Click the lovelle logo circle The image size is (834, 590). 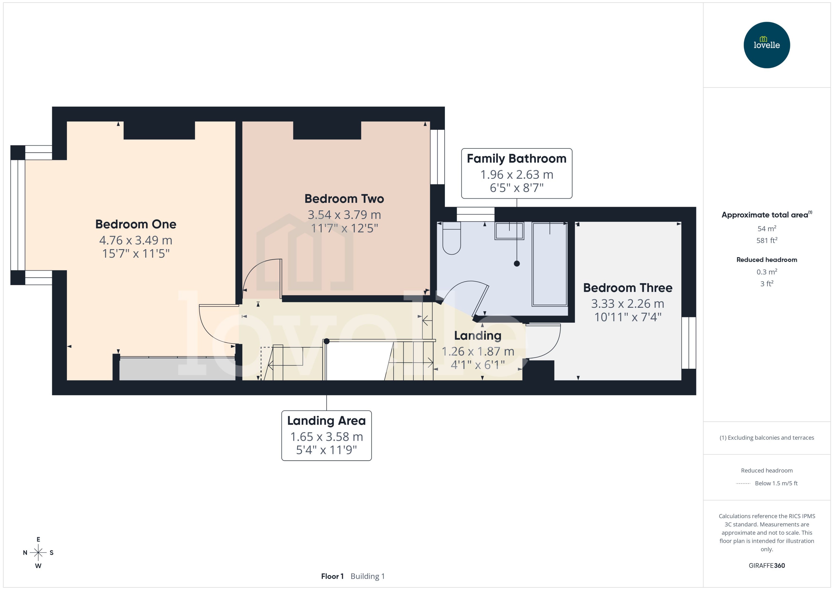(x=766, y=45)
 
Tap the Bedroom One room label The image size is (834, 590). (x=136, y=224)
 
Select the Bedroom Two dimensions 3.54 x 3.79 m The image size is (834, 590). (x=344, y=215)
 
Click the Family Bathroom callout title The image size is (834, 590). (x=516, y=159)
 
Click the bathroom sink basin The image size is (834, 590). (x=509, y=231)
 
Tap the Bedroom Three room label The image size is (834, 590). (x=628, y=288)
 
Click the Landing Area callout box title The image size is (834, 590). (x=326, y=421)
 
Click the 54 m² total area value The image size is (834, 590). (x=766, y=228)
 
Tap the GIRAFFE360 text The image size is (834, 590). (x=766, y=565)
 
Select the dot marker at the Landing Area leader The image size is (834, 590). (x=326, y=341)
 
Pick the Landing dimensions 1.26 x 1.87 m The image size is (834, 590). (x=478, y=351)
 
